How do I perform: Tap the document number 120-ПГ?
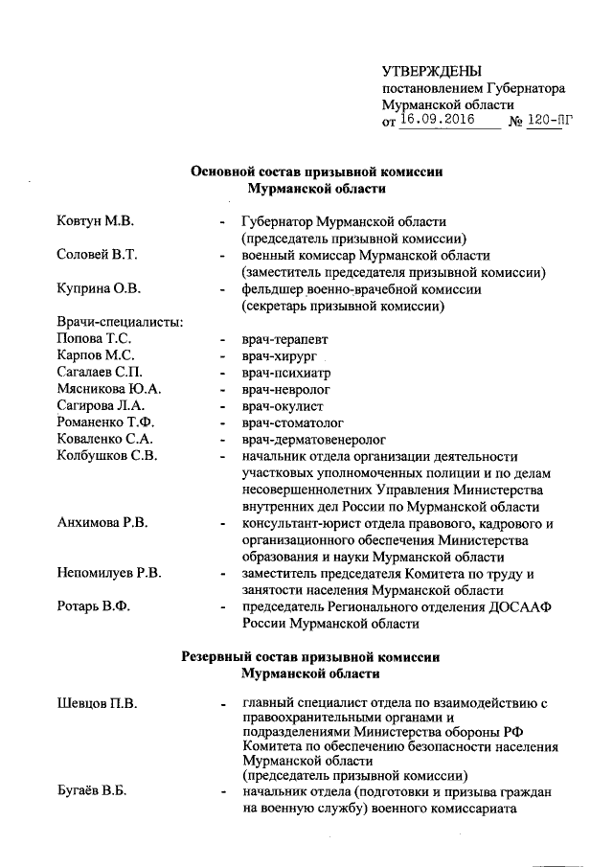click(555, 122)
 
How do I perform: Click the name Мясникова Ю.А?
click(108, 389)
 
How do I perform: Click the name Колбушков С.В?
click(106, 456)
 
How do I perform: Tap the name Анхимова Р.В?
click(102, 523)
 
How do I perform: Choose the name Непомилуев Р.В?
click(108, 573)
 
